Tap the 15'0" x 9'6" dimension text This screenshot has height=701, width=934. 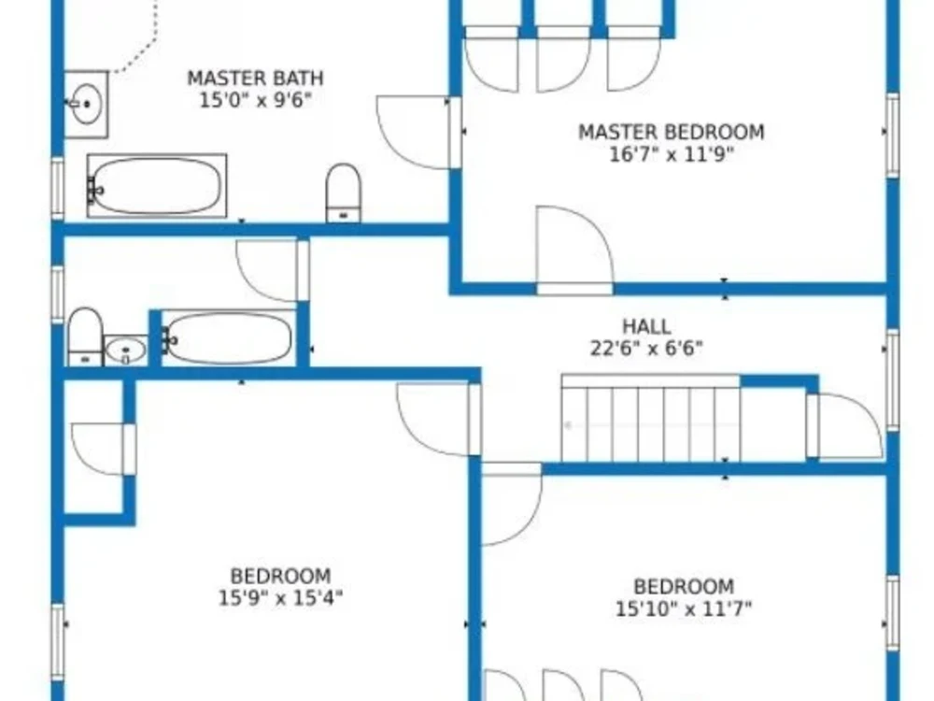pos(255,99)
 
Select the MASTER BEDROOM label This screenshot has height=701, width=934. pos(671,132)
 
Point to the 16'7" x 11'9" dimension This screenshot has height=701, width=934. pos(671,154)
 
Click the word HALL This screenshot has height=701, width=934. pos(646,326)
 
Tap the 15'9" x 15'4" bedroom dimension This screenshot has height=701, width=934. pos(280,597)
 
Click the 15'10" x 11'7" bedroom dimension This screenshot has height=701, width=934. pos(684,609)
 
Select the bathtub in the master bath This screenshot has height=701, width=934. pos(156,186)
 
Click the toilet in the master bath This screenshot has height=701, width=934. pos(344,193)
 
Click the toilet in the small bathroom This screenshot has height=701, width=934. pos(85,337)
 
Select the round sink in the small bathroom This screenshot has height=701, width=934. pos(125,351)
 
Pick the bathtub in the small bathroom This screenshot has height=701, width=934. pos(227,337)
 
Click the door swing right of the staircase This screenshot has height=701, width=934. pos(846,425)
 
